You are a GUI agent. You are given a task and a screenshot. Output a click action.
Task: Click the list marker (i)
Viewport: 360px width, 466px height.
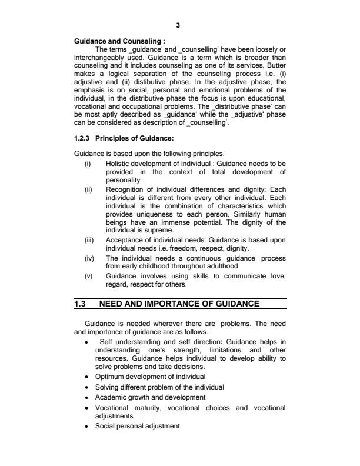(x=88, y=161)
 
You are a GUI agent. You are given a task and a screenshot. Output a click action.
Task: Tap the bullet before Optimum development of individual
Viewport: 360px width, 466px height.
(x=87, y=377)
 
